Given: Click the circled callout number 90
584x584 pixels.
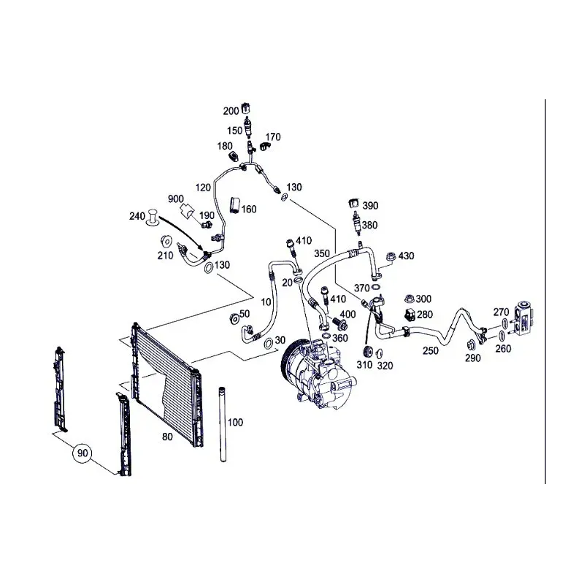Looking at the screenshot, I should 82,453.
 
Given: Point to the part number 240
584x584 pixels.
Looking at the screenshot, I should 137,217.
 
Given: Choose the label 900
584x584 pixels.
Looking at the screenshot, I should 176,199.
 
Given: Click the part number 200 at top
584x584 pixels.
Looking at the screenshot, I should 231,111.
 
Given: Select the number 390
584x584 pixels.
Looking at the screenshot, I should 370,206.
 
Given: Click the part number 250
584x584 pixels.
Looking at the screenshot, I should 431,351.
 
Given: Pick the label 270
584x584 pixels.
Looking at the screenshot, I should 501,312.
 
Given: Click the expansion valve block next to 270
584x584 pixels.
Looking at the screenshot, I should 523,320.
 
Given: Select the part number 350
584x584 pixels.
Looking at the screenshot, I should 321,254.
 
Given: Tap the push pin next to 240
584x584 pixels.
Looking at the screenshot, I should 153,216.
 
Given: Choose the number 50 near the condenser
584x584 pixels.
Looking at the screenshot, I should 245,314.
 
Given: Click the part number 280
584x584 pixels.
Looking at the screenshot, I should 424,315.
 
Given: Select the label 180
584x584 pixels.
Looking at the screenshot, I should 225,146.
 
